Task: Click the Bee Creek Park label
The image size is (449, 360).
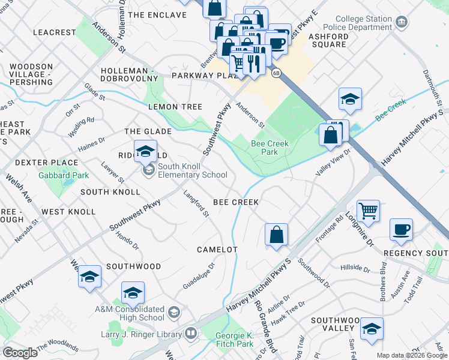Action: (265, 148)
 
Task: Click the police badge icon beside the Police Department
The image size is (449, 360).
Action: (402, 23)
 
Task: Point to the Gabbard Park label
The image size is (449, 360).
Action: (63, 175)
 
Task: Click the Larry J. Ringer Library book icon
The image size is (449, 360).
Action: (190, 332)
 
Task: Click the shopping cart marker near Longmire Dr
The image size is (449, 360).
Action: (368, 211)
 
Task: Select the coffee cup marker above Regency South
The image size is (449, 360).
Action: (401, 230)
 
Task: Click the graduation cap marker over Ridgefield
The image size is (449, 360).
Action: (145, 151)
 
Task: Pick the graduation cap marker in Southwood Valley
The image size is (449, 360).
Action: (372, 329)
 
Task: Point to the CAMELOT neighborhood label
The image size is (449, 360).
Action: (217, 249)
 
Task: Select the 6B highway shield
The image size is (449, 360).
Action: (276, 73)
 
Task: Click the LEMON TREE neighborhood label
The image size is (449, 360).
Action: (175, 106)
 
